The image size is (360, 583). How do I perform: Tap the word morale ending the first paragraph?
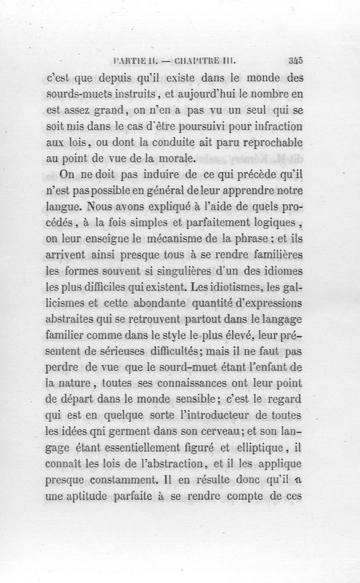tap(174, 158)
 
